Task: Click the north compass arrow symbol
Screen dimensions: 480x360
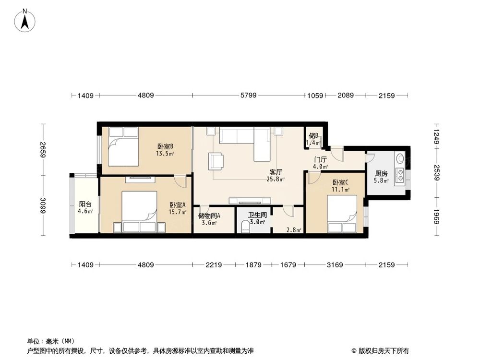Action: (25, 21)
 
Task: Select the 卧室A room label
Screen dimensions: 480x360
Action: (178, 205)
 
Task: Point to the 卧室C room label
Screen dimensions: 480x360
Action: (340, 183)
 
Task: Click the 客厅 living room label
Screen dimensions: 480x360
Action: (276, 173)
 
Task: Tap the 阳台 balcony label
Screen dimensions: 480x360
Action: (85, 204)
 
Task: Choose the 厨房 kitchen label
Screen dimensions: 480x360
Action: (381, 174)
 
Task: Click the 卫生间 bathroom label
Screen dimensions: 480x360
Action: (257, 215)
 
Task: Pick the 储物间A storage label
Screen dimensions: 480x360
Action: (209, 216)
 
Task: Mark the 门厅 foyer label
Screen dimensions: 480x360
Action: (321, 160)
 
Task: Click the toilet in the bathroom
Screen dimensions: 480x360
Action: (245, 227)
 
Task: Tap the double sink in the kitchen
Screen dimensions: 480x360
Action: (400, 175)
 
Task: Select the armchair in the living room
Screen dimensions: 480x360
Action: (216, 161)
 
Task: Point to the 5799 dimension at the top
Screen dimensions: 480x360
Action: (248, 95)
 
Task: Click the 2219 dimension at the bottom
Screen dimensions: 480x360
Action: (214, 265)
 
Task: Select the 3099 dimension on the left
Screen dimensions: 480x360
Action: (43, 206)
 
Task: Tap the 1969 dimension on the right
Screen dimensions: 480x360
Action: (436, 216)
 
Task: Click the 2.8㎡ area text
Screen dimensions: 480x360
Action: (294, 230)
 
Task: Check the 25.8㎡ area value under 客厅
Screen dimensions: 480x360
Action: (276, 180)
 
